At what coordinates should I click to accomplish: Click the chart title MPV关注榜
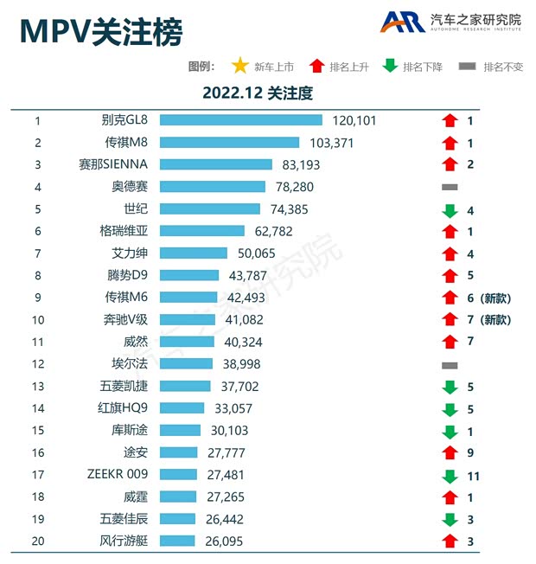(x=101, y=32)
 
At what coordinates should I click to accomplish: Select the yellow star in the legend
(x=239, y=67)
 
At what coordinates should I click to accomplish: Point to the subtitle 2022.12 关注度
(x=257, y=92)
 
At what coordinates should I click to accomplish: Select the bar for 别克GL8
(x=240, y=121)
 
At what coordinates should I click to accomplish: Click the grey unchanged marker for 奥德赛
(x=450, y=187)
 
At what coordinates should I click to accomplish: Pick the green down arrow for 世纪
(x=450, y=210)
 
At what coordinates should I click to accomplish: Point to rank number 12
(x=38, y=364)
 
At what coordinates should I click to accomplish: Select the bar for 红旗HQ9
(x=182, y=408)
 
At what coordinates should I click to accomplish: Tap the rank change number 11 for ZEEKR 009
(x=473, y=476)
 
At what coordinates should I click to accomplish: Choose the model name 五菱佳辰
(x=124, y=520)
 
